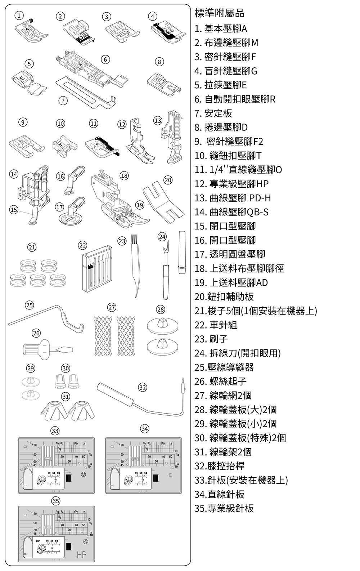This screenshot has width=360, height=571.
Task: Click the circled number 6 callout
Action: tap(105, 59)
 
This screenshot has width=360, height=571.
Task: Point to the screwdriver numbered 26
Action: tap(48, 349)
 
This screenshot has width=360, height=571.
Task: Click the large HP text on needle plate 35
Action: tap(81, 555)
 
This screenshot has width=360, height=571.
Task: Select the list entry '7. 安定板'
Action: tap(213, 113)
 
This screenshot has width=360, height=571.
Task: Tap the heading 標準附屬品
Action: tap(219, 13)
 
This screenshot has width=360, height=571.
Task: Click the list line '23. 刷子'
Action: tap(211, 339)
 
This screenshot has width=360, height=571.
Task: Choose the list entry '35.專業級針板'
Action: tap(224, 508)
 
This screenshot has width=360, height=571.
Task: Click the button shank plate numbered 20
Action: tap(163, 202)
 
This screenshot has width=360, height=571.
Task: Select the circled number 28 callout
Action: tap(161, 310)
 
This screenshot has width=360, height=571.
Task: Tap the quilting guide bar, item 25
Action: tap(46, 318)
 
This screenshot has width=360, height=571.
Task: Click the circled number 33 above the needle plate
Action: tap(55, 431)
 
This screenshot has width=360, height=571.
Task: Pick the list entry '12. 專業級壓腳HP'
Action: tap(231, 183)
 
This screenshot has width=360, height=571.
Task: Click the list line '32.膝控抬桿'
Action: tap(219, 466)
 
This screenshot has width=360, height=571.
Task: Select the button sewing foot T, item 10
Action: tap(65, 146)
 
